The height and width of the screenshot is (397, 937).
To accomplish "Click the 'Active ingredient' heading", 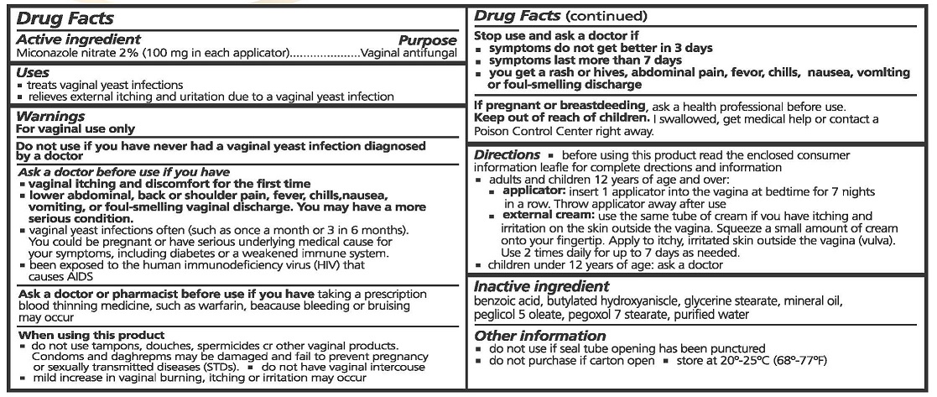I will (79, 39).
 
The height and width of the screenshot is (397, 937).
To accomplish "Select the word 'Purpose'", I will (427, 40).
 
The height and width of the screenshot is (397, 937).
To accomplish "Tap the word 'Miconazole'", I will (45, 53).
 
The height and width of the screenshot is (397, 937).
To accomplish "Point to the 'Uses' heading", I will (33, 73).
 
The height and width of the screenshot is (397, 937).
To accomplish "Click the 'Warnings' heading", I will (50, 117).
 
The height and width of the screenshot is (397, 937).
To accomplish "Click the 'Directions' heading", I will (507, 155).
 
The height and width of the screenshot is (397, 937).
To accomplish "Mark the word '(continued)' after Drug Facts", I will (608, 16).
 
